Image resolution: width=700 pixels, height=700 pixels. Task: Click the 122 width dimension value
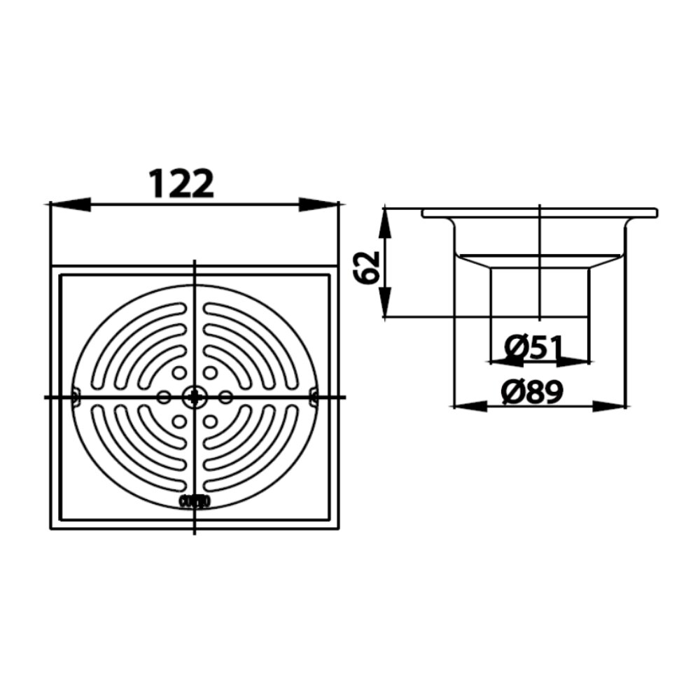pos(181,183)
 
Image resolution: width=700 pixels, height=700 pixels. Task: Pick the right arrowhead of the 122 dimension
pos(318,204)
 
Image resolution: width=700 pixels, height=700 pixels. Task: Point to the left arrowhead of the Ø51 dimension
pos(502,361)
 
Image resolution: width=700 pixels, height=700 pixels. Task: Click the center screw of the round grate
pos(194,398)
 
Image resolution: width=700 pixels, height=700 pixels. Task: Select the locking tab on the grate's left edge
pos(76,397)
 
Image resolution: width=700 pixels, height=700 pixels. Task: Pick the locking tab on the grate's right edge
pos(313,398)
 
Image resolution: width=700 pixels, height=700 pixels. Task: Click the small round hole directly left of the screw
pos(163,398)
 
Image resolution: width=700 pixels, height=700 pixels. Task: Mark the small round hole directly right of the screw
pos(225,398)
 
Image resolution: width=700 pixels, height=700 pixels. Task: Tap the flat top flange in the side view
pos(539,211)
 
